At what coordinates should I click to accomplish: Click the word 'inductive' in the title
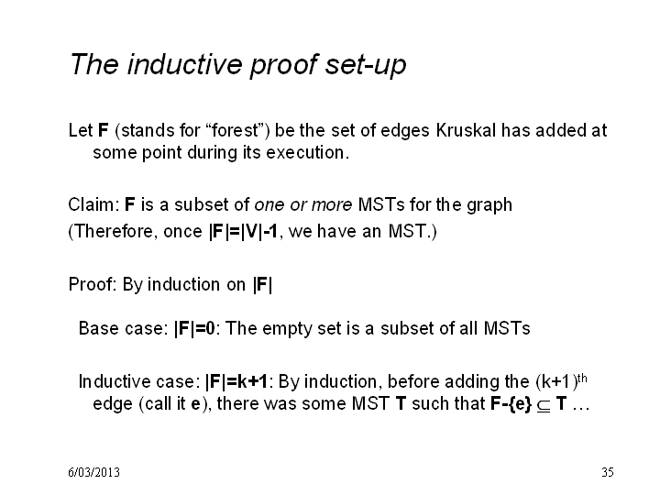tap(185, 64)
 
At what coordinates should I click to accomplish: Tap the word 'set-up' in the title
tap(366, 66)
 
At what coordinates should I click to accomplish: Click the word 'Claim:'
tap(93, 204)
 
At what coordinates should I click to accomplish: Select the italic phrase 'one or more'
tap(303, 204)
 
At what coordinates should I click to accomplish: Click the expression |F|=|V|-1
tap(243, 232)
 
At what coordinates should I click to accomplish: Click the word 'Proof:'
tap(93, 284)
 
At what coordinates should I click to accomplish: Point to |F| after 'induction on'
tap(263, 285)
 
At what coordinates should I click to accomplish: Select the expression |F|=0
tap(194, 328)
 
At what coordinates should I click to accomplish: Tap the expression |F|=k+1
tap(236, 381)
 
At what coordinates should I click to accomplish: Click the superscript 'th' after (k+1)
tap(582, 379)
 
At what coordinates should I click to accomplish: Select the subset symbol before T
tap(544, 405)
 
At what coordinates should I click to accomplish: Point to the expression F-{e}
tap(511, 404)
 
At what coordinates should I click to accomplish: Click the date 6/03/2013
tap(93, 472)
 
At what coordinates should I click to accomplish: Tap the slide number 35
tap(608, 472)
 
